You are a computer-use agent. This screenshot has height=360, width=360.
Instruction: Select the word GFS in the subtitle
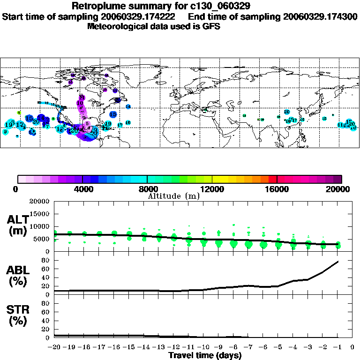[x=211, y=26]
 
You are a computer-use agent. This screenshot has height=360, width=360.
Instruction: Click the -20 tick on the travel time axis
[x=55, y=347]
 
